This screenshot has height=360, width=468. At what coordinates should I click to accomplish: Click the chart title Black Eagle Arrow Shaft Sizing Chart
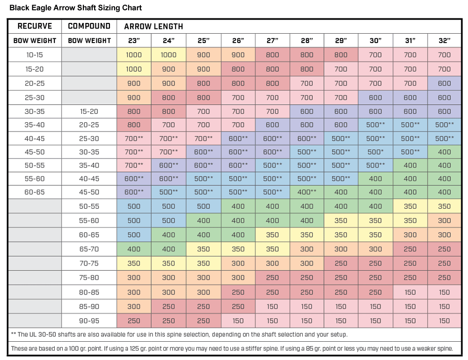75,8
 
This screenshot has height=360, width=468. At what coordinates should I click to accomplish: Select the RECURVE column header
35,26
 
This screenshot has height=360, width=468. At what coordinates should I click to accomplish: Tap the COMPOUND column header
89,26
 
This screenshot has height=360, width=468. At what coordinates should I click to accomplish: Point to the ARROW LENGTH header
154,27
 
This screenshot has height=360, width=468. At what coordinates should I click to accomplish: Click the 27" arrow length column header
272,41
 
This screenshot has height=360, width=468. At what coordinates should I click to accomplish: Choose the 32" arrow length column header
445,41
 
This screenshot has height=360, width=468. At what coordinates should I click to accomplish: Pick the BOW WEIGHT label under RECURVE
35,41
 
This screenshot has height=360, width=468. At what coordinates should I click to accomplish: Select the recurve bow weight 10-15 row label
35,55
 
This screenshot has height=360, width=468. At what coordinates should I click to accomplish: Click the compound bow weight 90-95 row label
89,321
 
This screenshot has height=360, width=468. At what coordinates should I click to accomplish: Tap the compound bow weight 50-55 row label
89,206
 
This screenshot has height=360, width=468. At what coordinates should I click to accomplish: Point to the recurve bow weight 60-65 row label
35,192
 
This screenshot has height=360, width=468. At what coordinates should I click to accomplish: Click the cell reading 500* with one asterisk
375,152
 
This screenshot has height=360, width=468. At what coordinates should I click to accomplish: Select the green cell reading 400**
307,192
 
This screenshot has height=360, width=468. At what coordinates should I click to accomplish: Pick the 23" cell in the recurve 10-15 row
134,55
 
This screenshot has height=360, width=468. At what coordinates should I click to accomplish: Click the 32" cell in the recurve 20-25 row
445,83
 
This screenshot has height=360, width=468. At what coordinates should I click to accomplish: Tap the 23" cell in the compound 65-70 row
134,249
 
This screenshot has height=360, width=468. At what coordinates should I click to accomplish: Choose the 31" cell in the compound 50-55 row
410,206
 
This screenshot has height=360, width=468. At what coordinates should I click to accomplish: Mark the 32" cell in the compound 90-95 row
445,321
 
